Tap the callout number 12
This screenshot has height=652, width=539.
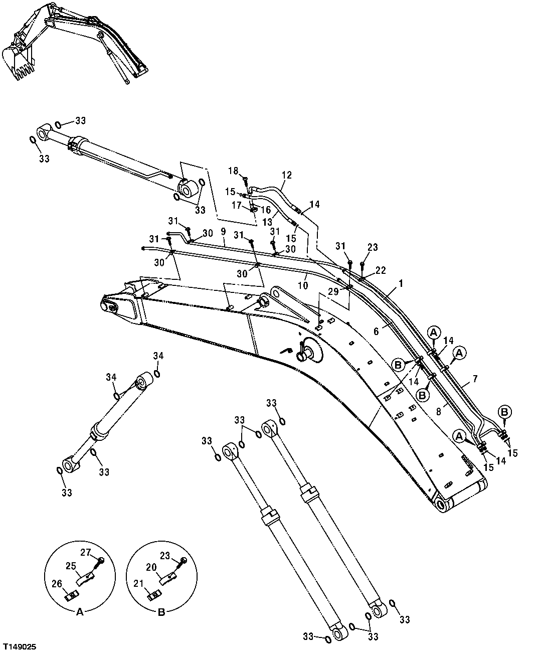click(286, 175)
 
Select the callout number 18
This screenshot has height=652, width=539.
click(233, 171)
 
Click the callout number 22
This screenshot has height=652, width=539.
click(381, 270)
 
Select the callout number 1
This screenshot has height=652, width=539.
click(401, 283)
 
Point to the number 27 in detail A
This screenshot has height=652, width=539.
click(86, 552)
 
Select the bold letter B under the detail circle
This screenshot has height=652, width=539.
click(161, 611)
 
